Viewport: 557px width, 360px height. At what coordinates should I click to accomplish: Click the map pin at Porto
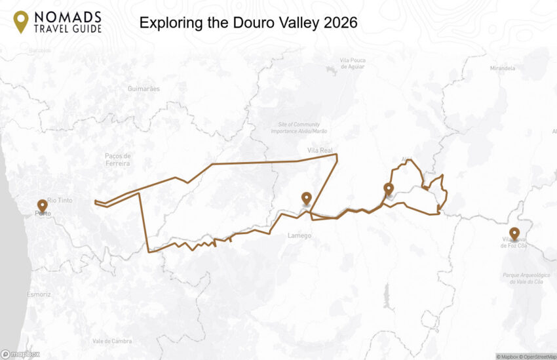pos(43,205)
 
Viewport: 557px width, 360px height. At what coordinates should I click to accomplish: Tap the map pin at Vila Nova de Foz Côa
pos(514,233)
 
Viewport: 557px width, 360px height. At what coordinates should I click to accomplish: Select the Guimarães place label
pos(144,89)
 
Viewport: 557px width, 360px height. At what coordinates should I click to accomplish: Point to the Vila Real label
pos(320,151)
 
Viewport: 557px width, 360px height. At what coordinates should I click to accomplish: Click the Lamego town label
pos(299,235)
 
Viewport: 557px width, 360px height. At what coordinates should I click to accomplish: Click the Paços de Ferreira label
pos(118,159)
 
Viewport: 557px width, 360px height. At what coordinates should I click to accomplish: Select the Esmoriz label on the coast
pos(40,294)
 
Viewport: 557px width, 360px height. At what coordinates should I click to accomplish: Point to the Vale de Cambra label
pos(112,341)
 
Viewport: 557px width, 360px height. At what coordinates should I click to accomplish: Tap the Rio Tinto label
pos(60,200)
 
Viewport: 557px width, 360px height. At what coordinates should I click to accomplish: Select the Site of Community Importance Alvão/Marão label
pos(299,128)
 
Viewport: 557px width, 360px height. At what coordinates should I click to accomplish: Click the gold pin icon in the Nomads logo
pos(21,22)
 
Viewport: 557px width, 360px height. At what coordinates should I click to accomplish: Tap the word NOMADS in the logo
pos(68,16)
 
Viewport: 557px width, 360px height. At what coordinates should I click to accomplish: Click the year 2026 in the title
pos(340,23)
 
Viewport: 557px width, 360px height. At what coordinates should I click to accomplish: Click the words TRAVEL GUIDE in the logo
pos(68,29)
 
